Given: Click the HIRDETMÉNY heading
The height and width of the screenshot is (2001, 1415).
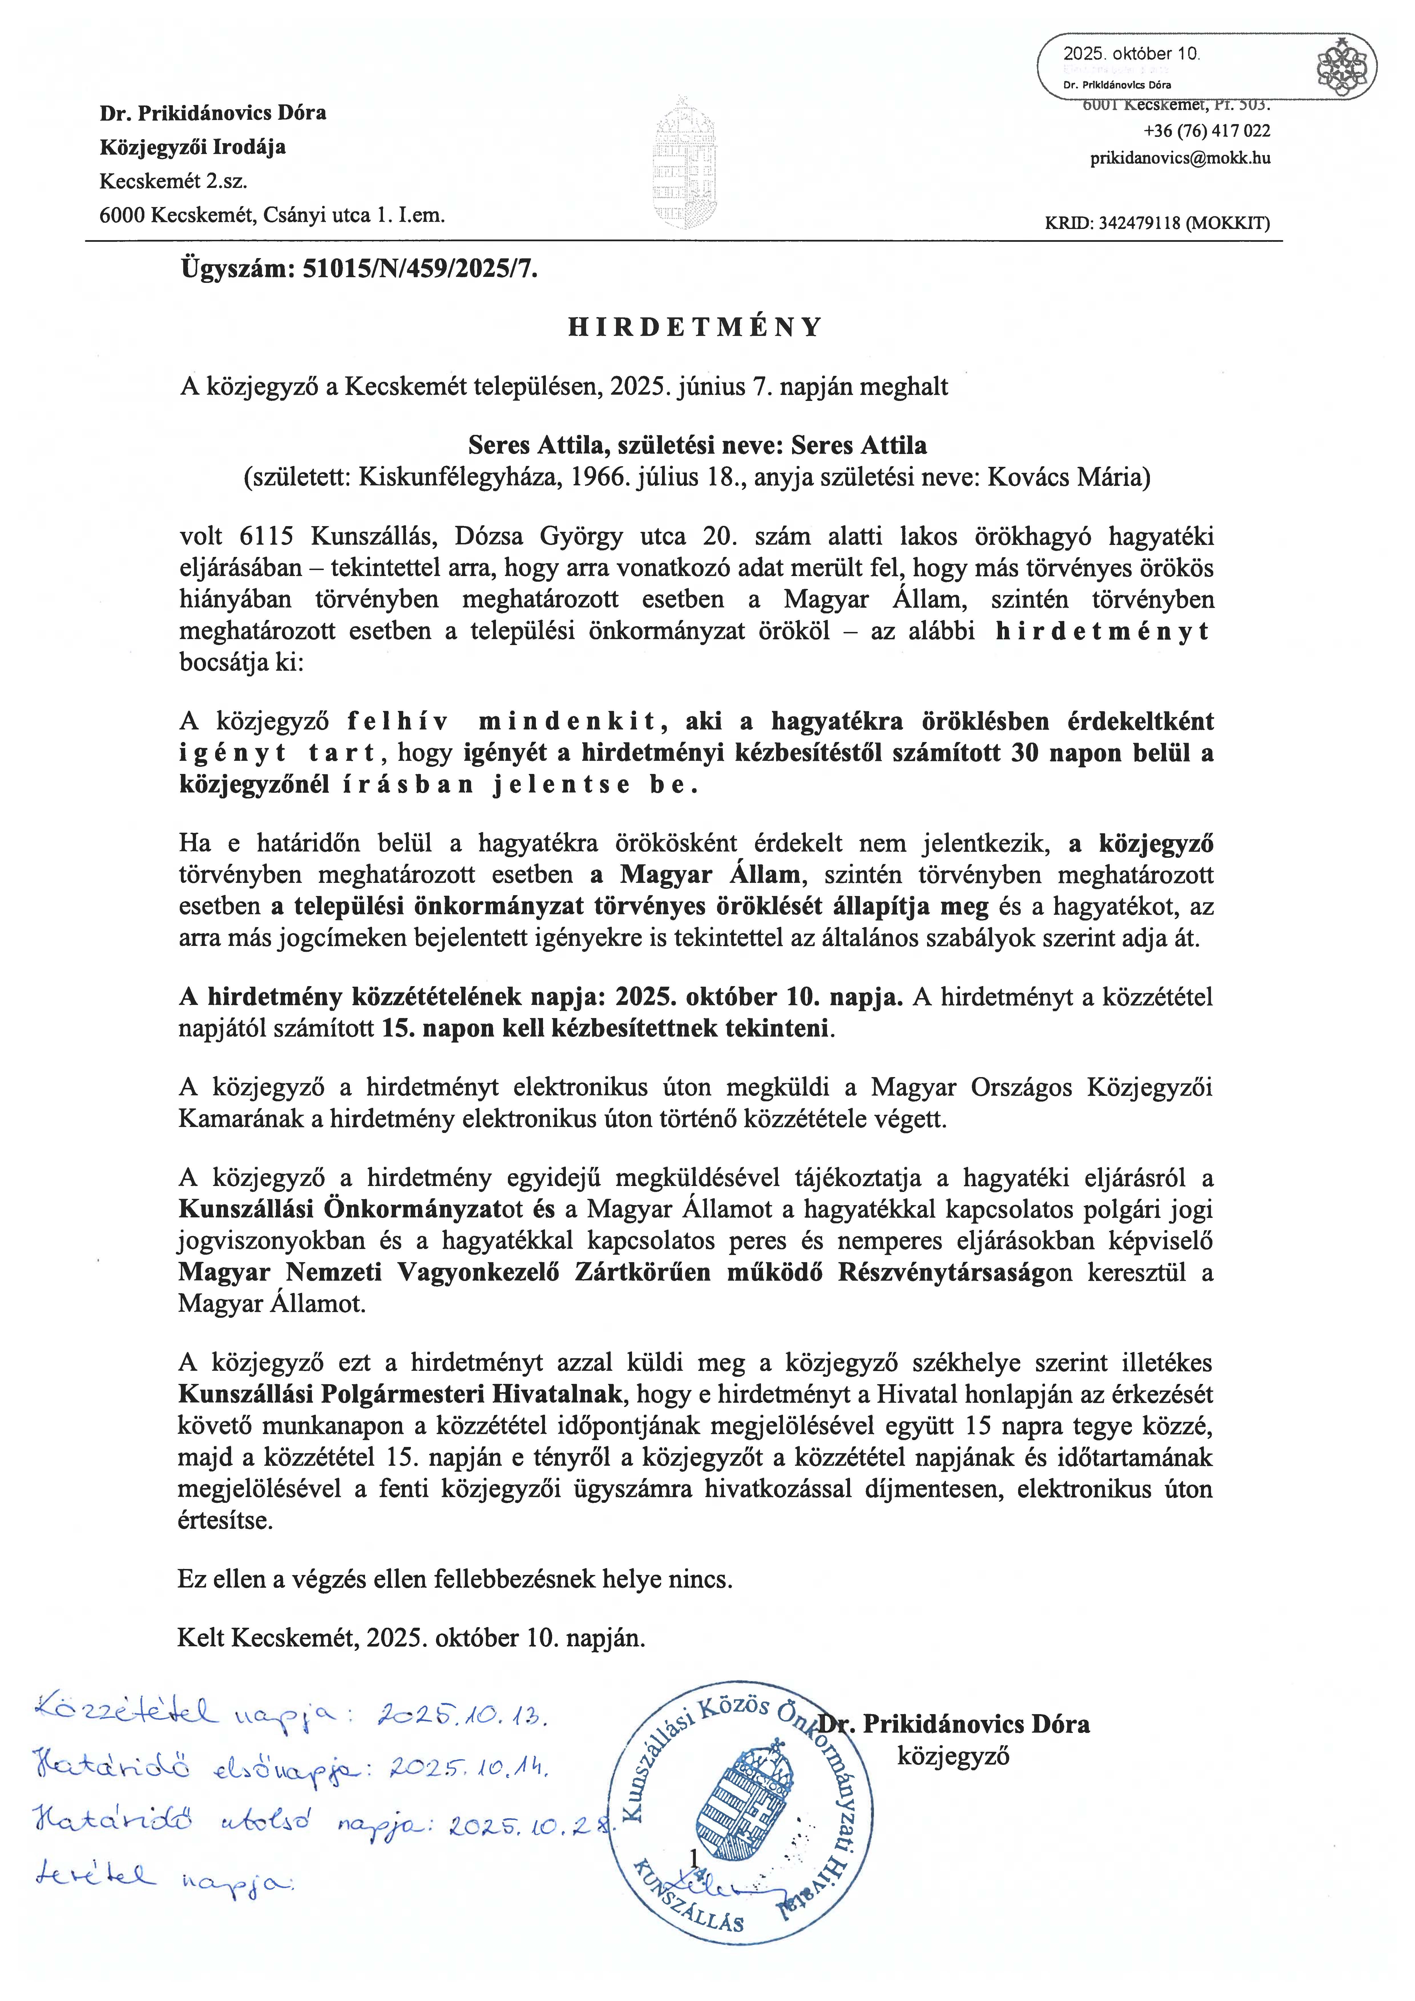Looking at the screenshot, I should (x=695, y=327).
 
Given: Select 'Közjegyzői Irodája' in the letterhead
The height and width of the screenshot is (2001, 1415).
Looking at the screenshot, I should (x=193, y=147).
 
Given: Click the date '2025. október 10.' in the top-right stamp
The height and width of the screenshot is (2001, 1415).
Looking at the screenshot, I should (x=1131, y=53).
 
